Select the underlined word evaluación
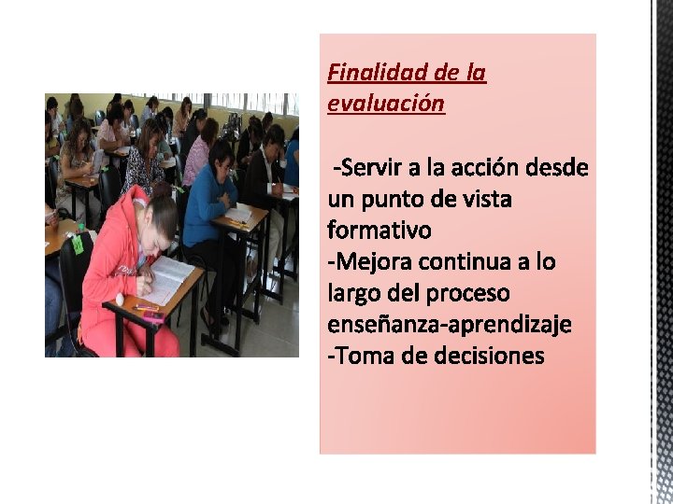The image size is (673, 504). (386, 103)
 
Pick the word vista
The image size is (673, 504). (485, 199)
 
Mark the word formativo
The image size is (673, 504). (379, 230)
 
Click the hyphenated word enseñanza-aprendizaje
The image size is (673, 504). (450, 324)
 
